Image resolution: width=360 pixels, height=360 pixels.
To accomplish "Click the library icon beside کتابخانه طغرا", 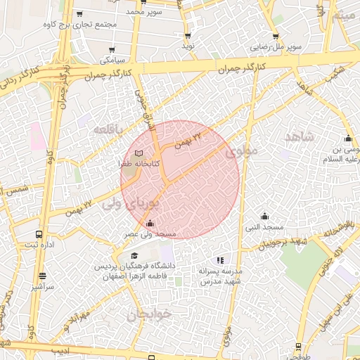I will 139,153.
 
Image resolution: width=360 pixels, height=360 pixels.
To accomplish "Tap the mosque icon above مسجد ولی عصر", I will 149,224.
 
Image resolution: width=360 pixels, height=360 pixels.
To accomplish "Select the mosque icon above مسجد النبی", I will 264,216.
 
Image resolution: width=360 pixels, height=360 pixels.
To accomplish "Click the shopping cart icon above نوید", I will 188,35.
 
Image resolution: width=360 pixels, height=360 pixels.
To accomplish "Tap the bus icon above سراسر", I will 42,276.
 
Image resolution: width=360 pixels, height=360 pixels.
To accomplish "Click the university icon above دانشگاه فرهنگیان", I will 134,256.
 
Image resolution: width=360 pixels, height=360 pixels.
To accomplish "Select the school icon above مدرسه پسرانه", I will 221,260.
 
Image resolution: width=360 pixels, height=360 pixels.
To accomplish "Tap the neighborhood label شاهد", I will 298,136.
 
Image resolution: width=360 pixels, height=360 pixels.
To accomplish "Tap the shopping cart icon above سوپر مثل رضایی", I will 275,37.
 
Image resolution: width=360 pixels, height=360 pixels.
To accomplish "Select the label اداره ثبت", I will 39,245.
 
